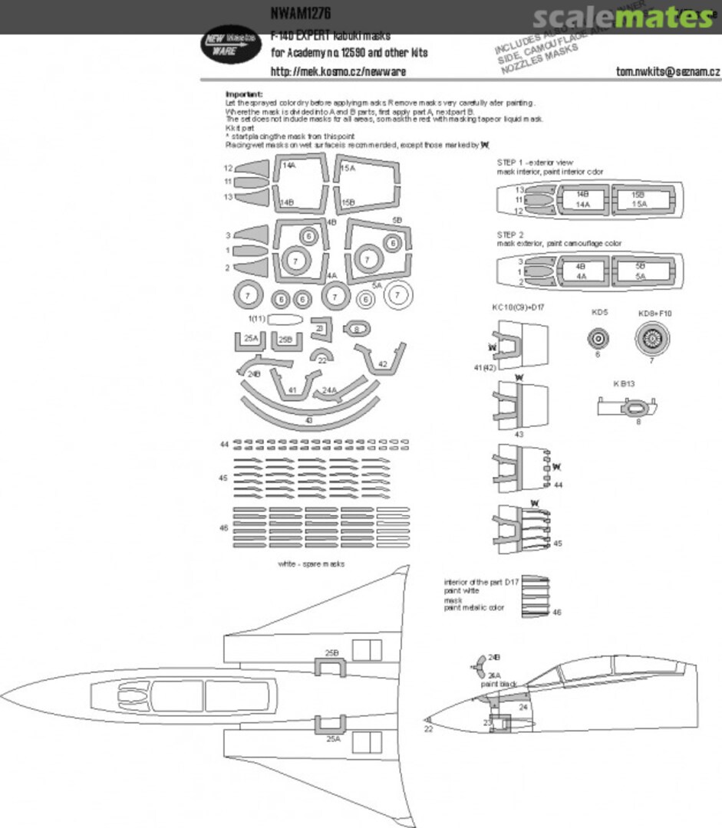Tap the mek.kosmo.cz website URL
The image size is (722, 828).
click(x=338, y=71)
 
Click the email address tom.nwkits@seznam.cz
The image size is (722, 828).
click(x=668, y=71)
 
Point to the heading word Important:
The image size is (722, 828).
click(x=244, y=94)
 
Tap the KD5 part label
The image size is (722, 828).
click(x=598, y=313)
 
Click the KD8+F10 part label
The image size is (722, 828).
click(x=654, y=313)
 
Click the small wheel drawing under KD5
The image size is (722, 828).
click(x=598, y=337)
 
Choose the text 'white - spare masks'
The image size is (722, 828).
click(x=312, y=563)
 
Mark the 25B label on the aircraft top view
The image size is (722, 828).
click(x=331, y=652)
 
